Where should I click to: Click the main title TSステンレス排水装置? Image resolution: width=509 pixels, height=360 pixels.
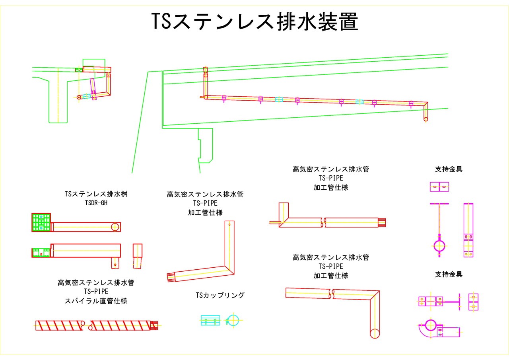click(x=254, y=22)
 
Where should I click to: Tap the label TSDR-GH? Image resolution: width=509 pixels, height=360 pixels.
click(x=96, y=203)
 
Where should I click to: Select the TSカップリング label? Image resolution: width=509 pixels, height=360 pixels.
click(x=220, y=295)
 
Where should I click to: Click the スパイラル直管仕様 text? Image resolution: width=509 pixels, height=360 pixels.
click(x=96, y=301)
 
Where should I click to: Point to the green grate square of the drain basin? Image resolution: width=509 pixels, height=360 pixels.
click(x=41, y=222)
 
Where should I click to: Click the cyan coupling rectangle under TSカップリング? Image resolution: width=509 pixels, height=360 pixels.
click(x=210, y=320)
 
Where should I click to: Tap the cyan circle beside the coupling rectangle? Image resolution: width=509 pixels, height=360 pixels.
click(x=233, y=320)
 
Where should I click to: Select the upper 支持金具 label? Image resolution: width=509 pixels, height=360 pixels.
click(x=449, y=169)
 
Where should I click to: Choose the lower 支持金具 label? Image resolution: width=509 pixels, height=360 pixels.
click(x=449, y=274)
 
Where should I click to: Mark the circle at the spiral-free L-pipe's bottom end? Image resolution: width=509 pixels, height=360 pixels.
click(x=375, y=333)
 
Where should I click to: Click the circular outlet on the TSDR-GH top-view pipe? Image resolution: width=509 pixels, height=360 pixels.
click(x=115, y=227)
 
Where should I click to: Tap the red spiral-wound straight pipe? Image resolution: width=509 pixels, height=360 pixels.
click(x=95, y=325)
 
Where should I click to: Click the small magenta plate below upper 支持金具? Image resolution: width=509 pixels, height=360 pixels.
click(x=439, y=187)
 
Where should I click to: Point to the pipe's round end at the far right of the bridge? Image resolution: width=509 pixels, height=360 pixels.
click(x=426, y=119)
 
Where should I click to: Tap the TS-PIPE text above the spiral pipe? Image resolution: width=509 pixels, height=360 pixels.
click(x=96, y=292)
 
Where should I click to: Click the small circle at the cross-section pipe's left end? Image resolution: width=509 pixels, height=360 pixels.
click(x=79, y=97)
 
